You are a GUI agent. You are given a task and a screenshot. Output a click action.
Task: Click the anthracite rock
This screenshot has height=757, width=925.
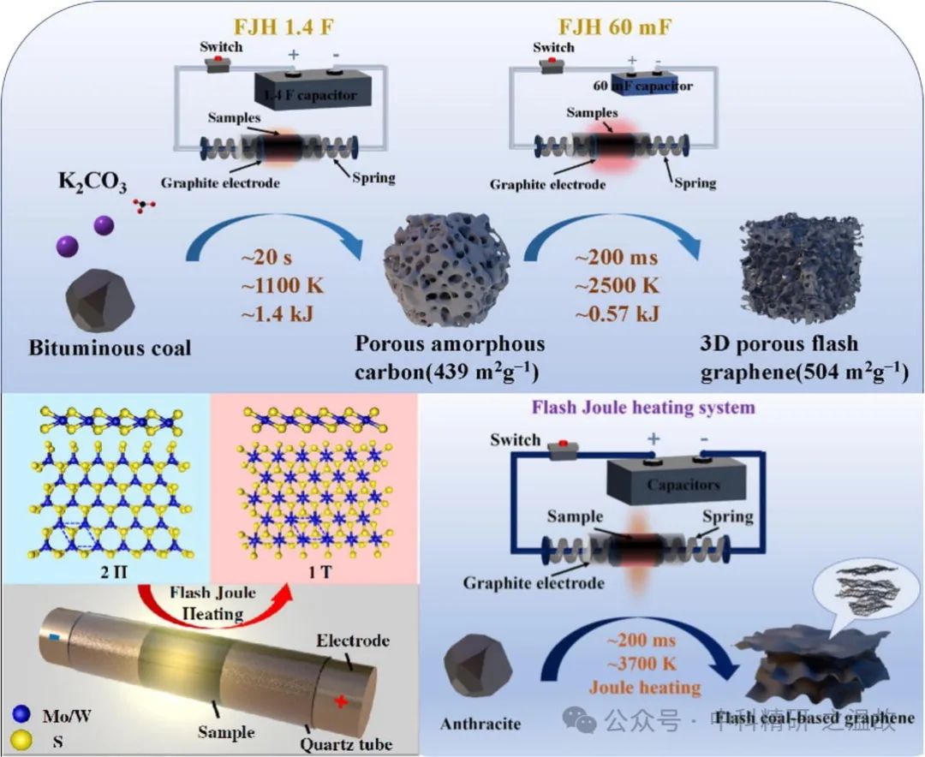click(x=480, y=676)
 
